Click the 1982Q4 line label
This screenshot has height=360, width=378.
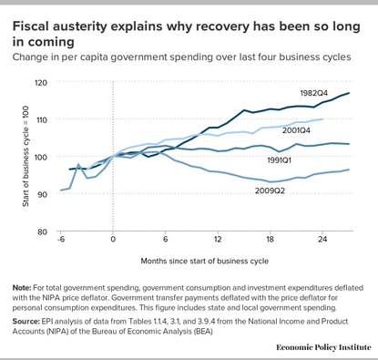tap(315, 94)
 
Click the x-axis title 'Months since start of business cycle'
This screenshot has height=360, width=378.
tap(204, 261)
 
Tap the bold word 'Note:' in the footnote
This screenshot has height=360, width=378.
tap(24, 289)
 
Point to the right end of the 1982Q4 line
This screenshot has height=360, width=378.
tap(350, 93)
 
